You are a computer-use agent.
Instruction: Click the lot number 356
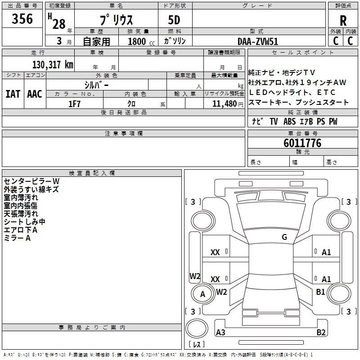22,18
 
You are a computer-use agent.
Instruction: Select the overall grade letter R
343,21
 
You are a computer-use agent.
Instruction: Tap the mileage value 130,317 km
53,65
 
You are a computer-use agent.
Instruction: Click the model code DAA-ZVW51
258,41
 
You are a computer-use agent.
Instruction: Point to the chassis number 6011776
302,143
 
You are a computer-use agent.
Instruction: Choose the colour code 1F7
74,104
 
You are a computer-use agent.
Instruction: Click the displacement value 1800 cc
141,41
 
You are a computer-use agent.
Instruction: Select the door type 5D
174,20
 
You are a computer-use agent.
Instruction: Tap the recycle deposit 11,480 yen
228,104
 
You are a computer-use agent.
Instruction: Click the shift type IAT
13,94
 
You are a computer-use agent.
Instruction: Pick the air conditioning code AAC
35,94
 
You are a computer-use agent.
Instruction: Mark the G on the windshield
284,237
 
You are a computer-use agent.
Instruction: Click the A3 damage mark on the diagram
220,332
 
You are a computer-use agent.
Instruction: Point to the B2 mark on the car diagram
321,332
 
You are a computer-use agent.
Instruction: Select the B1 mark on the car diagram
320,292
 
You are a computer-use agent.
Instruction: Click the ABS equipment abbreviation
289,121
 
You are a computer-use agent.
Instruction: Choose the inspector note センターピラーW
31,181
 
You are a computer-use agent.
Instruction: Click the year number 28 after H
59,24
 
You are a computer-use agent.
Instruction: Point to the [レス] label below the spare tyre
197,344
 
